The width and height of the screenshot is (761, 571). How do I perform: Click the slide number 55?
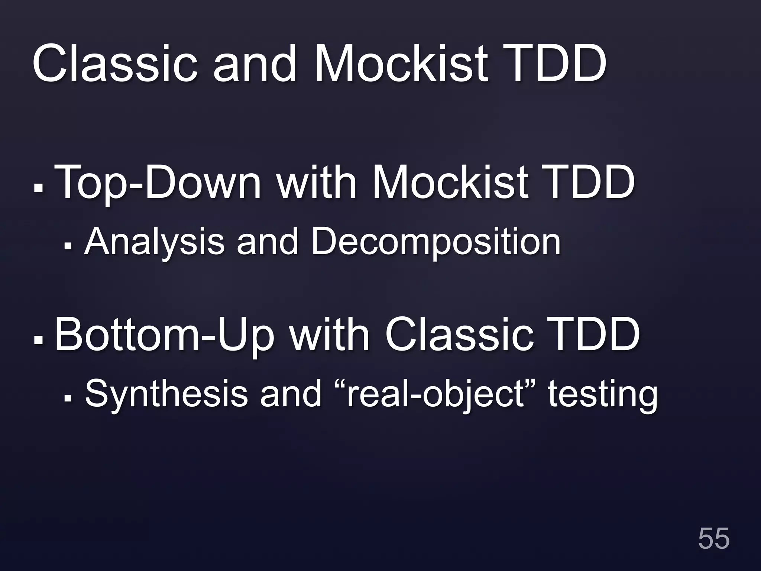[713, 538]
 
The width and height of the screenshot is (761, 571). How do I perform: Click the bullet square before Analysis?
[68, 246]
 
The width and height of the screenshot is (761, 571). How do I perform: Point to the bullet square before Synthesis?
[68, 399]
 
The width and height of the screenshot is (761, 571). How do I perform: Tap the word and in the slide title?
[255, 64]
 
